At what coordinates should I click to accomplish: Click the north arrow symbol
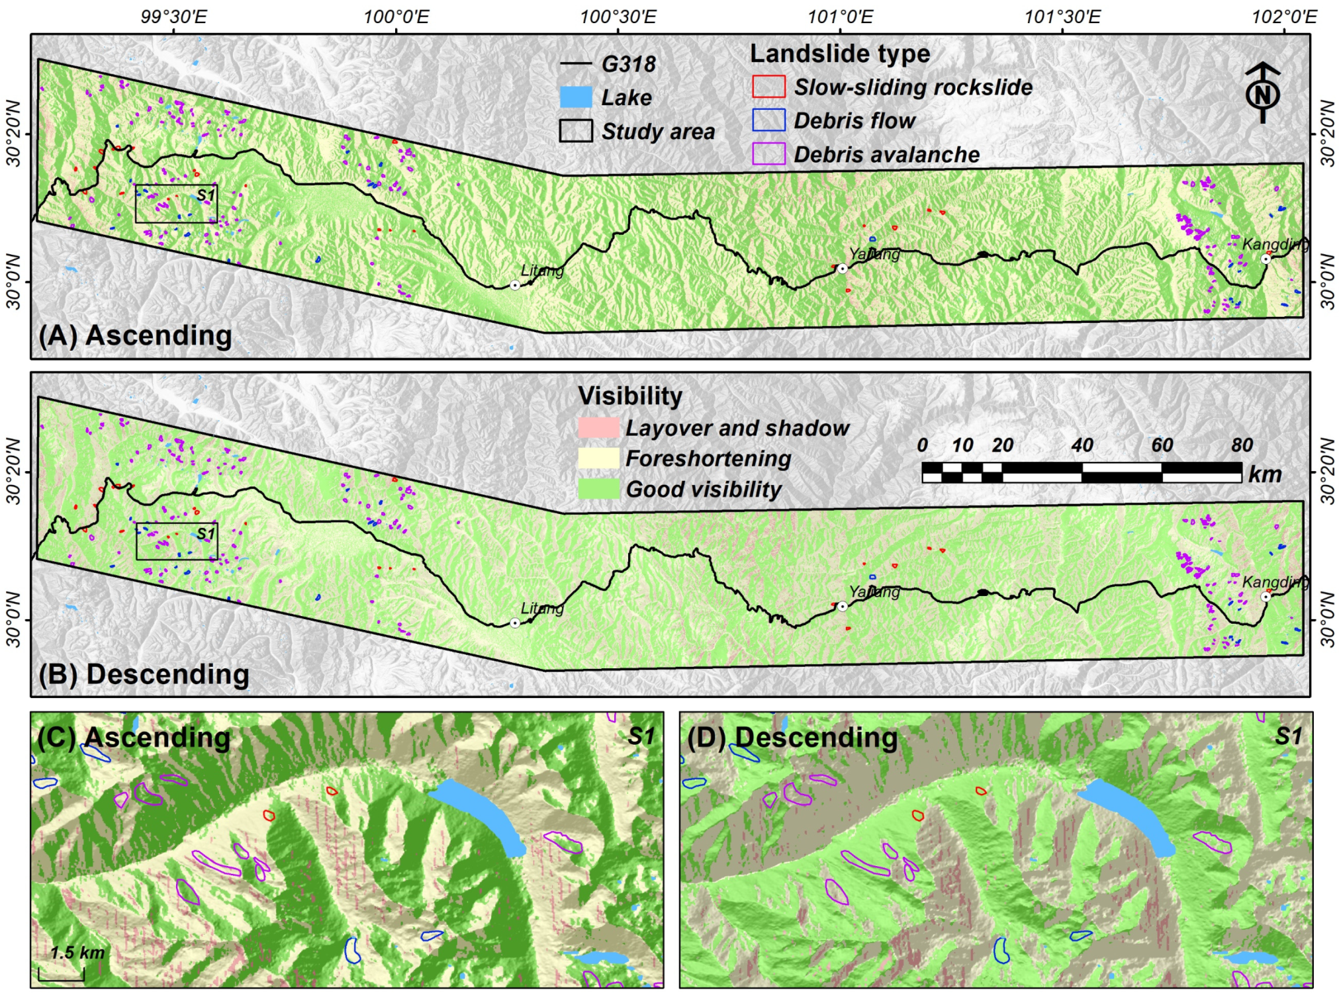click(1262, 93)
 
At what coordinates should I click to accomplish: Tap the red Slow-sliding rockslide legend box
click(768, 87)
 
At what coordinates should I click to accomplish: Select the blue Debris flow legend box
click(768, 120)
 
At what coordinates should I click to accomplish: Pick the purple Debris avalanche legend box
click(768, 154)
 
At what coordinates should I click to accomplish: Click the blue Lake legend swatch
click(576, 97)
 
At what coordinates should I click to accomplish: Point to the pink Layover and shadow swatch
click(598, 427)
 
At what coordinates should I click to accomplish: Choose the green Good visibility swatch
click(598, 489)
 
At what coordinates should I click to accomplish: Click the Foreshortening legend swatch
click(598, 458)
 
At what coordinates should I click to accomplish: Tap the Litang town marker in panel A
click(515, 285)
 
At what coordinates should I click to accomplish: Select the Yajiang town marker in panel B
click(843, 606)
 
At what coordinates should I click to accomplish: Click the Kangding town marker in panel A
click(1266, 259)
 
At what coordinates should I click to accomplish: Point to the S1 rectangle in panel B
click(177, 541)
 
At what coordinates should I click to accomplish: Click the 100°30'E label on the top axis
click(618, 17)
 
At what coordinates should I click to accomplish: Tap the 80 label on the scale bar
click(1242, 445)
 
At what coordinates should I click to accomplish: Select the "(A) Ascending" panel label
click(136, 335)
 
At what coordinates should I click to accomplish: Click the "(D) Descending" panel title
click(792, 738)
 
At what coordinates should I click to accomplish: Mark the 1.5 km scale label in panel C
click(77, 953)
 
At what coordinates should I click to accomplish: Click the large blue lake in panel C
click(480, 814)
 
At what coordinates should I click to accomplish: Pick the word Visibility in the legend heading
click(630, 396)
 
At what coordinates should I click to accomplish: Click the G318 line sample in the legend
click(576, 64)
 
